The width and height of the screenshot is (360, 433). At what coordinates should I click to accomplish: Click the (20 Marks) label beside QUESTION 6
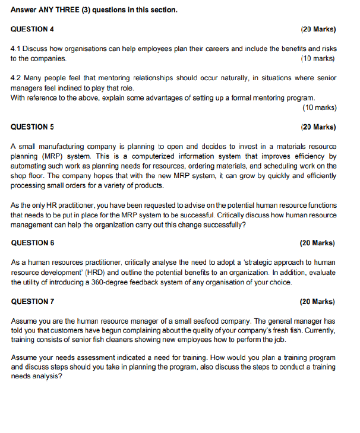coord(318,242)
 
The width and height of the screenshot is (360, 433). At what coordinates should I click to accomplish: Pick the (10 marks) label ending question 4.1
coord(318,58)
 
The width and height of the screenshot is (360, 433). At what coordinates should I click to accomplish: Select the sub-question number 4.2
coord(17,78)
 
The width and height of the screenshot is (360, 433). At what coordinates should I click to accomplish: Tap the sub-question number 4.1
coord(17,49)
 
